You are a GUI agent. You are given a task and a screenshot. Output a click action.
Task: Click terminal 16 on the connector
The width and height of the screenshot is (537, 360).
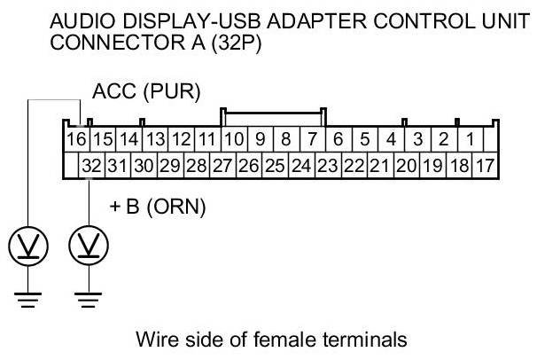(76, 139)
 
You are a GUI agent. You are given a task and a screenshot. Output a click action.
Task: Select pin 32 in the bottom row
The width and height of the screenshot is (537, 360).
(92, 165)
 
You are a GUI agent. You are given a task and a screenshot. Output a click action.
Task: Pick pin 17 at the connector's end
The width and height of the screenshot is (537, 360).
(485, 165)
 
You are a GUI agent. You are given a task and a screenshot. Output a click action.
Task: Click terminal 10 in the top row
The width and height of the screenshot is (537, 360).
(233, 139)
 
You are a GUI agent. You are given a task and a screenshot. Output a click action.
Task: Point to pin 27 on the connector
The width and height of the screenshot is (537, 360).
(222, 165)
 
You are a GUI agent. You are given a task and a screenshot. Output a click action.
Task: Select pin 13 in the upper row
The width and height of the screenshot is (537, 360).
(155, 139)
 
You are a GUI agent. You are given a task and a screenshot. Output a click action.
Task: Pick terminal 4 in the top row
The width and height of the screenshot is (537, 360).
(390, 139)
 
